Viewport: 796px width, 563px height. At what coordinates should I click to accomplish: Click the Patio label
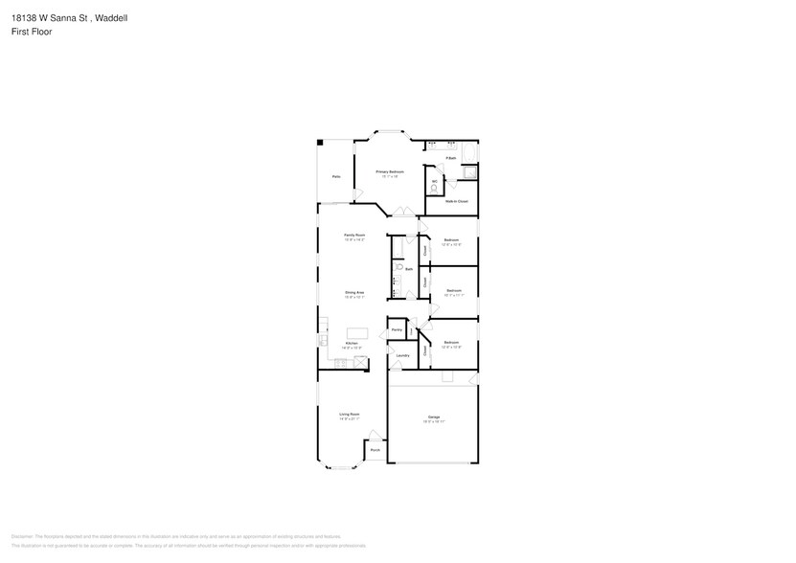pos(336,176)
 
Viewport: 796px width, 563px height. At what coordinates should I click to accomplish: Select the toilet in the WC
pos(433,189)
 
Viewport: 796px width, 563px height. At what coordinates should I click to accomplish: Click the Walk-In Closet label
pos(457,201)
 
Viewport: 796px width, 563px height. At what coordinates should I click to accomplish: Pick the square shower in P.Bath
pos(468,172)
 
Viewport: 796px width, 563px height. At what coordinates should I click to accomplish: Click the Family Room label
pos(354,235)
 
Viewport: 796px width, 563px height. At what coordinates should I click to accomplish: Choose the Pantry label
pos(396,330)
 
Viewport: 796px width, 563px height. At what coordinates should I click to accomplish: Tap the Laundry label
pos(402,355)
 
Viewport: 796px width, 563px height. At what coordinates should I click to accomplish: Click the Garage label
pos(434,417)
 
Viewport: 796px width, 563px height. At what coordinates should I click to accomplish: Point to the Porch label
pos(375,449)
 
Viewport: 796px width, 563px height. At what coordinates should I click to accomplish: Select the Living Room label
pos(349,414)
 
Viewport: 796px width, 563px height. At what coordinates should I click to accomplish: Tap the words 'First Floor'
pos(32,32)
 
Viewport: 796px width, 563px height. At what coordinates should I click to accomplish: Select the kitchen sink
pos(323,341)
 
